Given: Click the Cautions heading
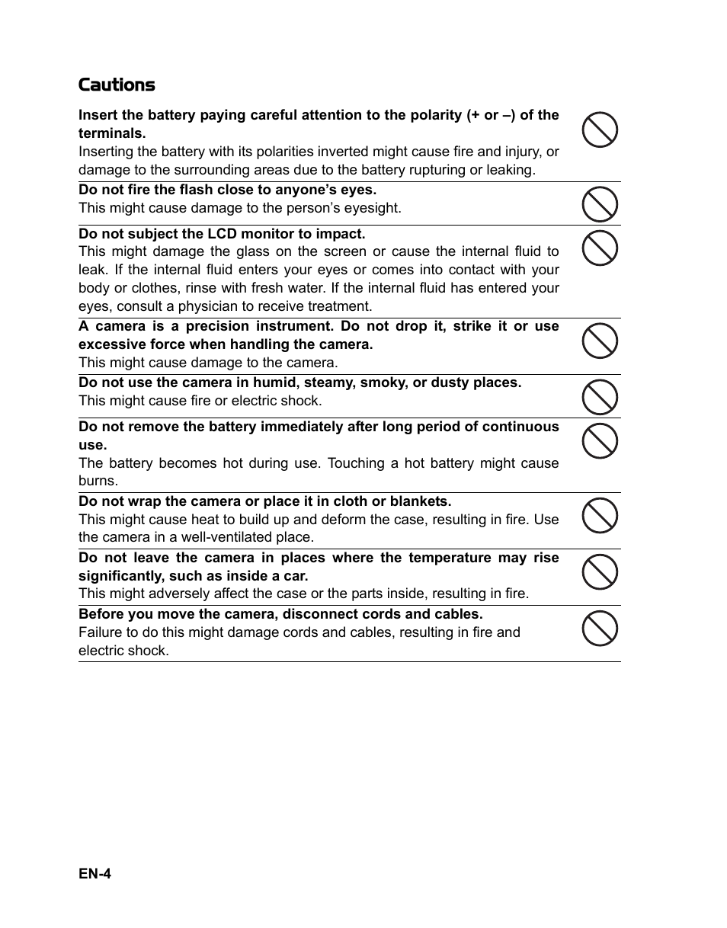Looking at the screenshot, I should click(117, 85).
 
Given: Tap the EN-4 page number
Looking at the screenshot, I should click(94, 874).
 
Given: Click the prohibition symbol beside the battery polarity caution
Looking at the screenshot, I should click(600, 129).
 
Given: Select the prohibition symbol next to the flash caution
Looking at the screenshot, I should click(600, 204).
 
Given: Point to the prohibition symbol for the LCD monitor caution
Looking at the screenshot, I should click(600, 248).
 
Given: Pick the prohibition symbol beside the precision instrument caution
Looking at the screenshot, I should click(600, 340).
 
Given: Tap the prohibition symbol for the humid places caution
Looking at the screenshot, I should click(600, 397).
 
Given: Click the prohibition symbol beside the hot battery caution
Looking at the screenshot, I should click(600, 440).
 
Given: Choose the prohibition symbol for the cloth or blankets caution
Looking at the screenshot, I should click(600, 515).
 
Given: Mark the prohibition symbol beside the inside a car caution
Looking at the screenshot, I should click(600, 571).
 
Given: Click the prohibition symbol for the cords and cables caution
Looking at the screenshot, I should click(600, 629).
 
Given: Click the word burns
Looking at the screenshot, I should click(98, 482).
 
